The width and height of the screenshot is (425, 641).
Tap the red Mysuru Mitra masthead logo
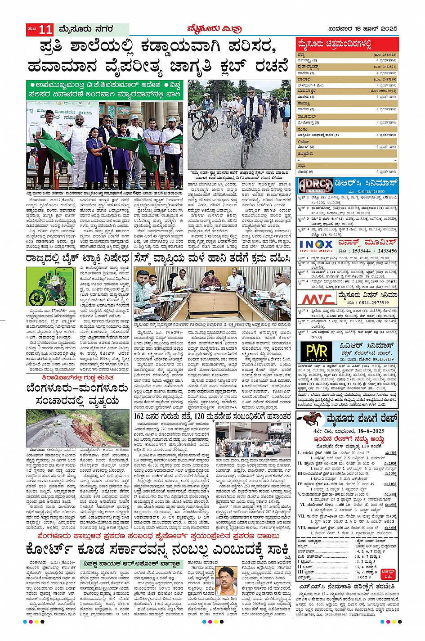[x=215, y=29]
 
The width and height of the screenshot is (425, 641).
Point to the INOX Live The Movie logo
[x=316, y=246]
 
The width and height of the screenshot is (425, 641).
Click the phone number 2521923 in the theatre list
[x=389, y=55]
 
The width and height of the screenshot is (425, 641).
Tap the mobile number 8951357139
[x=379, y=359]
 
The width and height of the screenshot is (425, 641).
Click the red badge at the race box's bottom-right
[x=388, y=574]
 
